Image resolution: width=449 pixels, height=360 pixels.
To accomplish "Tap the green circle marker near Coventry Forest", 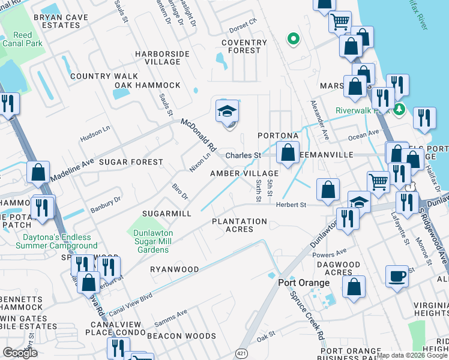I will click(293, 40).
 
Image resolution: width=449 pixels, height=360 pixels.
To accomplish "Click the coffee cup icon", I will click(397, 277).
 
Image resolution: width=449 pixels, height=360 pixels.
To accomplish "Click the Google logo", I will click(20, 352).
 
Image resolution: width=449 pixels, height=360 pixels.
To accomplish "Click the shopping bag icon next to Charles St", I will click(288, 153).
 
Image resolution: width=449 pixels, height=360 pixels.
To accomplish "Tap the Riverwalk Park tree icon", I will click(400, 110).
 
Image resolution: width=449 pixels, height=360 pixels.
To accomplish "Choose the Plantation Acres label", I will click(240, 225).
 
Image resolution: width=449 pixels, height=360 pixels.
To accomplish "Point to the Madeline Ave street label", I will click(72, 170).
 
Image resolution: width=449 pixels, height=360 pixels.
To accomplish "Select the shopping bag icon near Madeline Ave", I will click(38, 173).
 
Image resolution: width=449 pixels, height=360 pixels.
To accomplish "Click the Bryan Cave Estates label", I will click(57, 22).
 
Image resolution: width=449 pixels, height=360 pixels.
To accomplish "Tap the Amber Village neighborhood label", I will click(244, 173).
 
